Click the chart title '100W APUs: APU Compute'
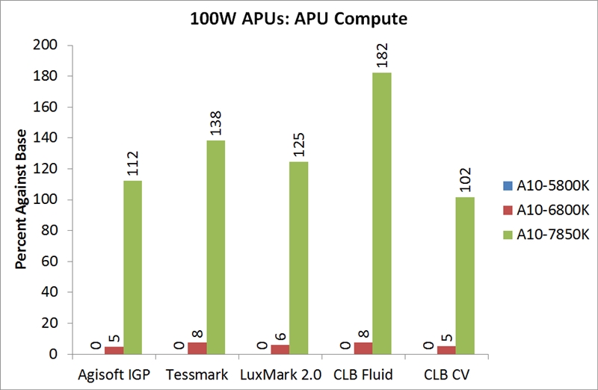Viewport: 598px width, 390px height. (299, 19)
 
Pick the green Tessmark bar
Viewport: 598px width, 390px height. (216, 247)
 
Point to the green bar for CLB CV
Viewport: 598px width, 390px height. (465, 276)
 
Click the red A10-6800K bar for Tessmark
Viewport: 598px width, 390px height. (197, 348)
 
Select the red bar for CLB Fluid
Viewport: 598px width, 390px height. (363, 348)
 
